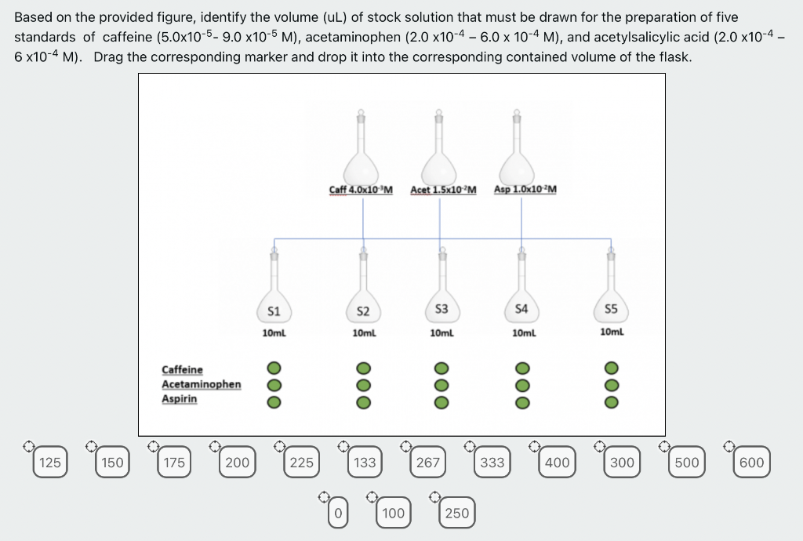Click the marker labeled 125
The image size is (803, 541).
point(49,463)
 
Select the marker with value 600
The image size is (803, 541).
point(751,463)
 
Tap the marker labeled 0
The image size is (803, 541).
point(337,514)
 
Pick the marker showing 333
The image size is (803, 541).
point(492,463)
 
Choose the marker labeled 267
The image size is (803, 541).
point(427,463)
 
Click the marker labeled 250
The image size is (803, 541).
point(456,514)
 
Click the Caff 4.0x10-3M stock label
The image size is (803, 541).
point(361,190)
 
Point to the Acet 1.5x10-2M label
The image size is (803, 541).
point(443,190)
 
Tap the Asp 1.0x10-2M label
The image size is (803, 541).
point(525,190)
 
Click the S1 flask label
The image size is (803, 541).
point(274,310)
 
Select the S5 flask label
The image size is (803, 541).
point(612,309)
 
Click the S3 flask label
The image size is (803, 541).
point(441,309)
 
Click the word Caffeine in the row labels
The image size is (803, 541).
point(182,369)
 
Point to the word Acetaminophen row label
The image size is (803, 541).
point(201,384)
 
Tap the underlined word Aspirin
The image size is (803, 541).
point(180,399)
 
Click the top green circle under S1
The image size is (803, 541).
point(273,367)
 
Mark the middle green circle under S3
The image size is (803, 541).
point(441,384)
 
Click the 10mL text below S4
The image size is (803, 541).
point(523,333)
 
